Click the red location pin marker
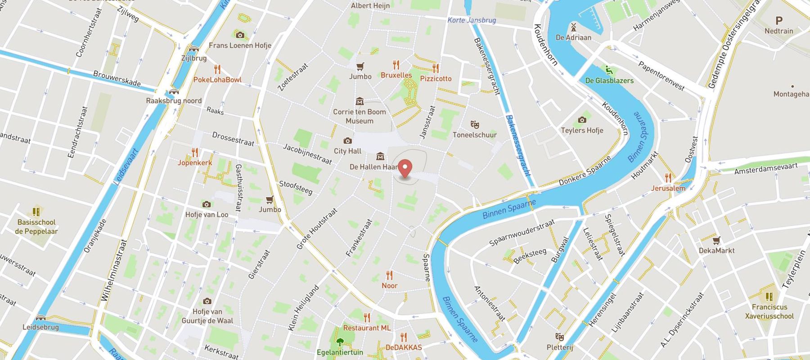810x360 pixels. pos(405,169)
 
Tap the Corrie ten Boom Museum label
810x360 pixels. pos(359,116)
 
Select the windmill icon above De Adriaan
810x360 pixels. pos(573,27)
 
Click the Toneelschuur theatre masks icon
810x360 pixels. pos(474,124)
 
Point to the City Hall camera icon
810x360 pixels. pos(347,141)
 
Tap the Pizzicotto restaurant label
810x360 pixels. pos(436,79)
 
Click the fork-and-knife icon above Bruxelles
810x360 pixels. pos(396,65)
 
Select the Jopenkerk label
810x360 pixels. pos(194,163)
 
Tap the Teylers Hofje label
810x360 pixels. pos(582,130)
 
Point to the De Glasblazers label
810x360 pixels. pos(609,81)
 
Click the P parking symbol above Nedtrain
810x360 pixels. pos(779,20)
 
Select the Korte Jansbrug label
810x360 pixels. pos(472,20)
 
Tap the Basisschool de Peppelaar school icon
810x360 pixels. pos(36,211)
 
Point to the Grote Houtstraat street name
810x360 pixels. pos(317,229)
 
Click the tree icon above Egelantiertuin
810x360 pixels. pos(340,342)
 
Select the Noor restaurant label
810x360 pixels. pos(389,286)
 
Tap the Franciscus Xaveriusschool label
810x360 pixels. pos(769,311)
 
